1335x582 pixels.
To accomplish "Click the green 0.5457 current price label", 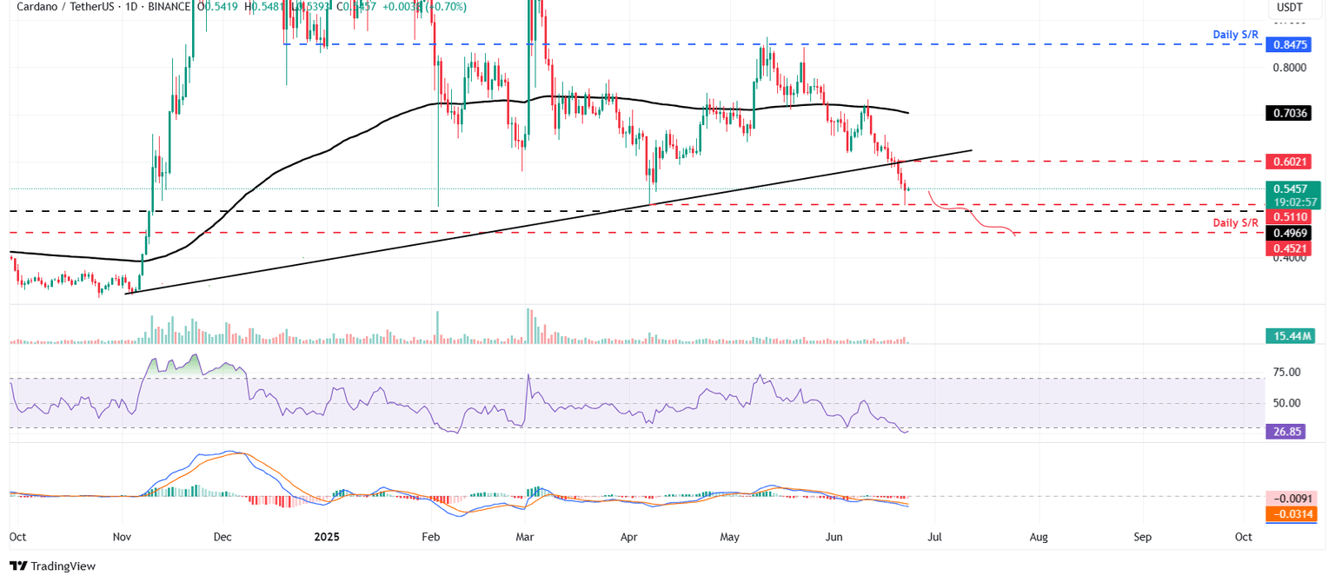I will [x=1292, y=188].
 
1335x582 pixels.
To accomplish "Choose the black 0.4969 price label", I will [x=1292, y=233].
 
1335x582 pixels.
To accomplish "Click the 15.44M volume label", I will [x=1291, y=335].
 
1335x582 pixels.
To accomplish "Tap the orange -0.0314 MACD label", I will [x=1292, y=514].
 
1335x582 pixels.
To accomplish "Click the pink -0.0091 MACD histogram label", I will [x=1292, y=499].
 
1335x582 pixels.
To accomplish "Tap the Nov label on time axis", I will [x=122, y=537].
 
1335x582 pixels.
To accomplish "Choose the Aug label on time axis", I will [x=1038, y=537].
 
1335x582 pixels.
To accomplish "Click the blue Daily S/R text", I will [x=1236, y=35].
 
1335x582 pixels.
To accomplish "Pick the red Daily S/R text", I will [x=1236, y=223].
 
